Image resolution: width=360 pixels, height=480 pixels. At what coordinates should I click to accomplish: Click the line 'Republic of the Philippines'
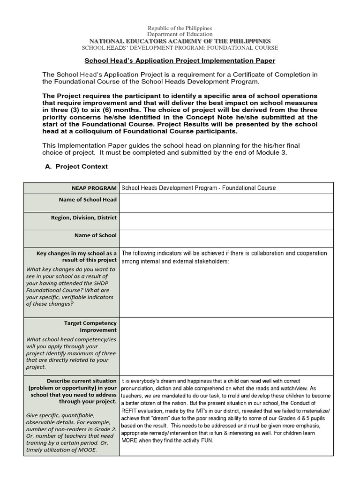click(180, 28)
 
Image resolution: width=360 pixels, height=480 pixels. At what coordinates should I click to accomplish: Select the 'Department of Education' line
click(180, 34)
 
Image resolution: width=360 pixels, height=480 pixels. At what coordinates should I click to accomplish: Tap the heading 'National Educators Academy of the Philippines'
click(180, 41)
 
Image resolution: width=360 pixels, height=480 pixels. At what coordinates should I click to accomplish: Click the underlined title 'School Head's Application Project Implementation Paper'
click(180, 61)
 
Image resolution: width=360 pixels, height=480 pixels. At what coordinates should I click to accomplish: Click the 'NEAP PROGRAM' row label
click(94, 188)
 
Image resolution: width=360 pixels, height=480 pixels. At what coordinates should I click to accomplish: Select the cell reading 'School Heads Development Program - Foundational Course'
click(199, 188)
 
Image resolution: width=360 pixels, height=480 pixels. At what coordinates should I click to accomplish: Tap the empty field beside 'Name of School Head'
click(226, 203)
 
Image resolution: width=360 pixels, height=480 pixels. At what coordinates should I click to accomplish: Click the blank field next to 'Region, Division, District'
click(226, 221)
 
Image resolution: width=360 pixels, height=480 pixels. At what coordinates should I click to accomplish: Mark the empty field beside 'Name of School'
click(226, 239)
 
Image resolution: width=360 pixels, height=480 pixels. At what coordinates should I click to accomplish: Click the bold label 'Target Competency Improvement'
click(90, 327)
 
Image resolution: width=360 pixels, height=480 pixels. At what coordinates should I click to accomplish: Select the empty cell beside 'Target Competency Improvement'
click(226, 346)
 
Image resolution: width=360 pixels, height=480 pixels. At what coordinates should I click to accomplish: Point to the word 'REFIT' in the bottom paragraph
click(129, 410)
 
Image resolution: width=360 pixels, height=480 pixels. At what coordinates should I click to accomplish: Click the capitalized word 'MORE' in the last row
click(131, 441)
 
